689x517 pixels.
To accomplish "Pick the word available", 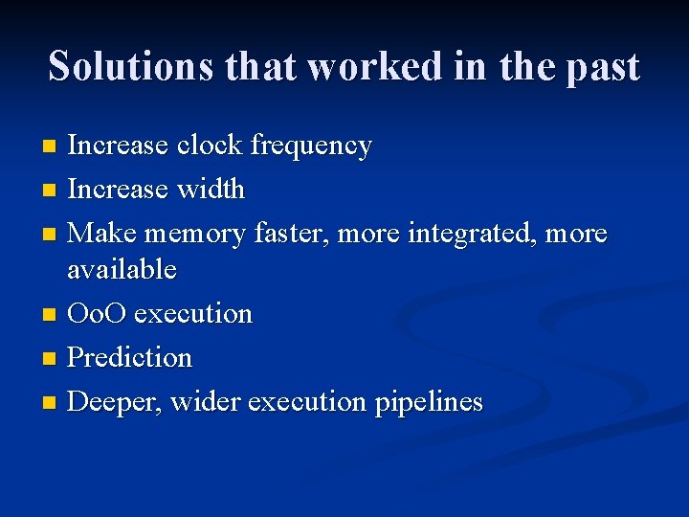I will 122,269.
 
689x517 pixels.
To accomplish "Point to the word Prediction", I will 130,357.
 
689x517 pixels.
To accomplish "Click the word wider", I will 206,401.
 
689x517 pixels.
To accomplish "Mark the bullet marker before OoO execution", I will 51,315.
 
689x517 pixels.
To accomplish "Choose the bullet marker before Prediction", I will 51,359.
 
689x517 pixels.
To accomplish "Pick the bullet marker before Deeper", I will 51,403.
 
